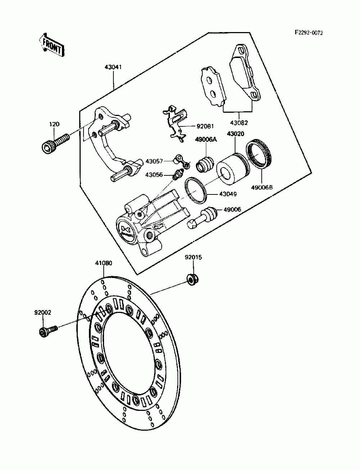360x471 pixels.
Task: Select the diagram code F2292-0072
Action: click(309, 33)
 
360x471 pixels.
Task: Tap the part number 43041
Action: click(113, 67)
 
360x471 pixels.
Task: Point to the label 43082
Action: click(239, 123)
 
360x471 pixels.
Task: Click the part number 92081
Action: click(205, 126)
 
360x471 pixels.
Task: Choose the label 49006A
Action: click(206, 140)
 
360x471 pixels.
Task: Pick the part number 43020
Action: click(235, 134)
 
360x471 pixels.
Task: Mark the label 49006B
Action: click(261, 187)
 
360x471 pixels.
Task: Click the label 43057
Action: click(154, 161)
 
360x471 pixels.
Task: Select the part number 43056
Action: click(154, 175)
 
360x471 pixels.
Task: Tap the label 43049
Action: click(228, 194)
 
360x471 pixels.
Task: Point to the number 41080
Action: click(103, 263)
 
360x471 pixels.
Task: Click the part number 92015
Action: click(193, 257)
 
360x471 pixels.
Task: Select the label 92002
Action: click(43, 313)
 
